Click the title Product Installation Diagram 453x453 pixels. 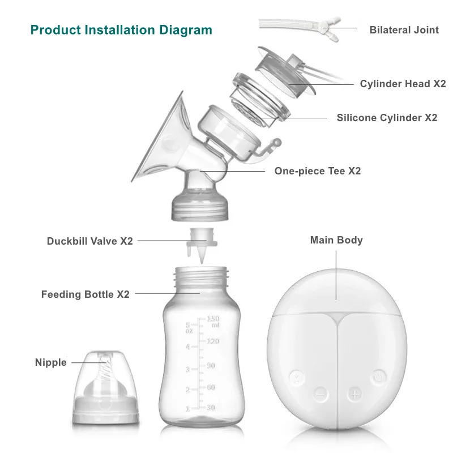tap(121, 29)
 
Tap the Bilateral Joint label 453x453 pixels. tap(404, 29)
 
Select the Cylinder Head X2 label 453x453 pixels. tap(403, 84)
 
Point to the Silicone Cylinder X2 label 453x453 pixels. tap(387, 118)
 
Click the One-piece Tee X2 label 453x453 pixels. tap(317, 170)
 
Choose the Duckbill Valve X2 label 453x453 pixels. tap(89, 241)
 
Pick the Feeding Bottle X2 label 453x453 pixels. tap(85, 294)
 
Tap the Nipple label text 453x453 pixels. tap(50, 362)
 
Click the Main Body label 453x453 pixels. tap(336, 240)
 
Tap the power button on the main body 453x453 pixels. tap(379, 375)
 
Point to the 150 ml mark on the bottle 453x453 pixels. tap(212, 321)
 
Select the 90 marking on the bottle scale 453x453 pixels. tap(210, 365)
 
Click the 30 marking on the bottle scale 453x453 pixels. tap(210, 408)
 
